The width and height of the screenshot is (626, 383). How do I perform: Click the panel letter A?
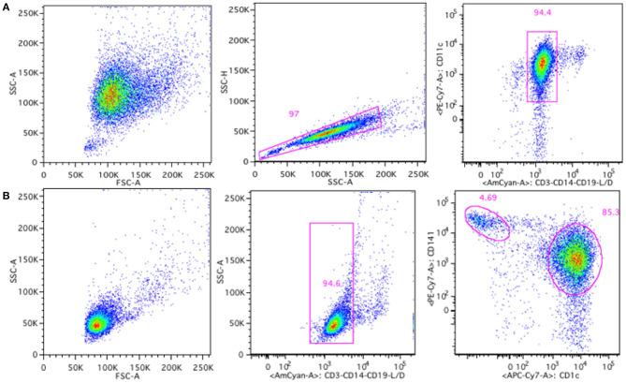7,7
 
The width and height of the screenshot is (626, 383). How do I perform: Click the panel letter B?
7,197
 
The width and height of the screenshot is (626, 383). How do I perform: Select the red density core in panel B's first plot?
95,324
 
